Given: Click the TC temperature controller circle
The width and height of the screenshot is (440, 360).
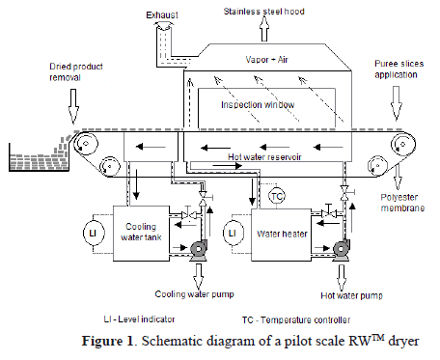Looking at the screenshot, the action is click(x=277, y=196).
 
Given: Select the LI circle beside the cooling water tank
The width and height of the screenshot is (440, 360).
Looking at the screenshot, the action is click(x=93, y=233).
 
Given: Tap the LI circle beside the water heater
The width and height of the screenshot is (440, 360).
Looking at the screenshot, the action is click(x=233, y=233).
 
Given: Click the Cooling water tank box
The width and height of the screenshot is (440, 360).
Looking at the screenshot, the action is click(x=141, y=234).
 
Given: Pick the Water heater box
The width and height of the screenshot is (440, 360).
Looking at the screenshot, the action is click(x=281, y=235).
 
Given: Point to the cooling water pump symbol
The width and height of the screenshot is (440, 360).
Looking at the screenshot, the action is click(x=198, y=249).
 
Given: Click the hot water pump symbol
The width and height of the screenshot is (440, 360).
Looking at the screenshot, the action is click(x=341, y=249).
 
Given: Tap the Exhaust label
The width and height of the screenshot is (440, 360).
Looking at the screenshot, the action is click(x=162, y=15).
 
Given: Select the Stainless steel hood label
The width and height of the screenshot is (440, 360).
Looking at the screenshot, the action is click(x=263, y=12).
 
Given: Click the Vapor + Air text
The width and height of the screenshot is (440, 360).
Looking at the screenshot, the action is click(x=266, y=60).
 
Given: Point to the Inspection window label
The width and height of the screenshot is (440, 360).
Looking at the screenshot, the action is click(x=258, y=105).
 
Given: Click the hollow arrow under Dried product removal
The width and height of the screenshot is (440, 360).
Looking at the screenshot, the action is click(x=73, y=106).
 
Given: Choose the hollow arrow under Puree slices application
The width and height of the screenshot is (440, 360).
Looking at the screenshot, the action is click(x=397, y=103).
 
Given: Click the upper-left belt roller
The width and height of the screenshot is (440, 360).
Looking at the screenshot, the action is click(x=86, y=144).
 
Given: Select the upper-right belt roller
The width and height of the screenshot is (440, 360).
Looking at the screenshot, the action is click(x=402, y=145).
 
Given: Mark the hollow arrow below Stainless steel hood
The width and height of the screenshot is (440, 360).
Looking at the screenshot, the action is click(x=264, y=29).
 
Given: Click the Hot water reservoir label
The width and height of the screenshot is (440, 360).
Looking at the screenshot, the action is click(x=264, y=157).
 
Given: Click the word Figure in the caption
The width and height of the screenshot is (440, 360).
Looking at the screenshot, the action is click(x=107, y=341).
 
